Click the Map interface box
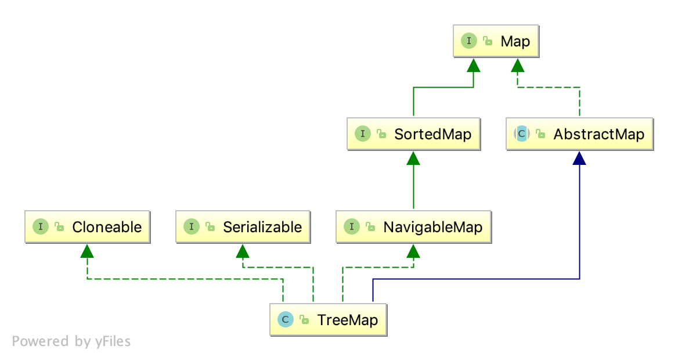tap(496, 42)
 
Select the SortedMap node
tap(413, 134)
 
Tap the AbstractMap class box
tap(579, 134)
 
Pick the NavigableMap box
tap(413, 227)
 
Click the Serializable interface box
tap(242, 227)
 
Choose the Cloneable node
tap(87, 227)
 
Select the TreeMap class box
tap(328, 319)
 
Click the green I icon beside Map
tap(468, 41)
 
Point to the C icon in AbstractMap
tap(521, 134)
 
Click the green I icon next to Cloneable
tap(40, 227)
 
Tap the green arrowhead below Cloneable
tap(87, 251)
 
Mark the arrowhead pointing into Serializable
tap(242, 251)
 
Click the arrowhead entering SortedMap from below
tap(413, 158)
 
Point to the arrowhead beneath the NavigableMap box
tap(413, 251)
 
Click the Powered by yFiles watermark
tap(71, 341)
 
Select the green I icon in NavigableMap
tap(351, 227)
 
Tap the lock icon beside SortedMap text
tap(381, 135)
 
